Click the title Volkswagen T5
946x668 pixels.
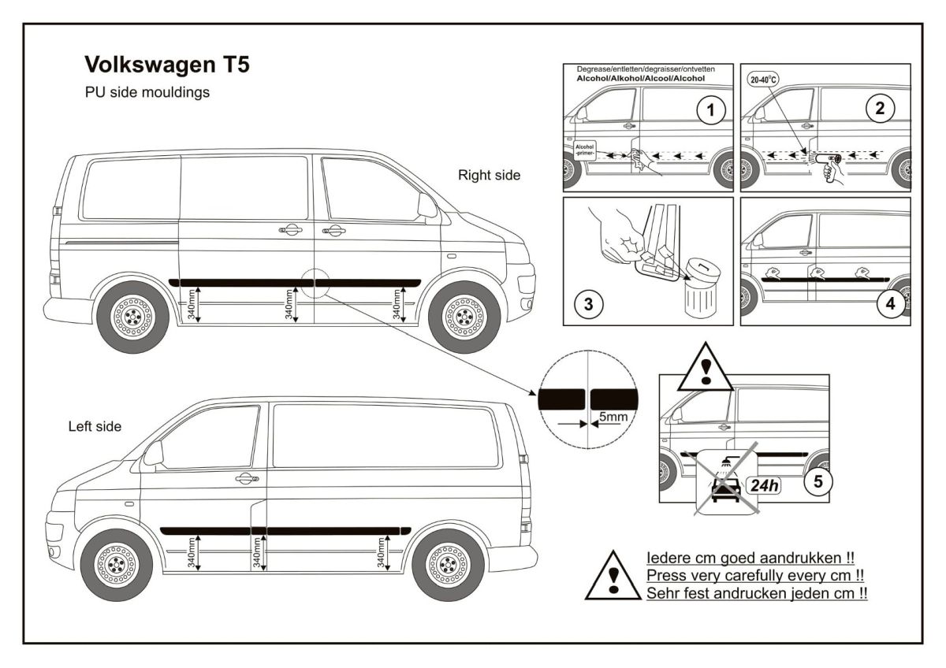pos(166,65)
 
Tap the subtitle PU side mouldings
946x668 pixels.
pos(147,92)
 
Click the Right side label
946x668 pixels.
pos(489,176)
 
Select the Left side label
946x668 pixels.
pos(95,426)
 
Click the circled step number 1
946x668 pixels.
pos(710,111)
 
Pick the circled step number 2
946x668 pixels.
pos(880,109)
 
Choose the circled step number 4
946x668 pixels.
pos(892,305)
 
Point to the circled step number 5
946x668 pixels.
pos(818,482)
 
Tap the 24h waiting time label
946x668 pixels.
pos(764,484)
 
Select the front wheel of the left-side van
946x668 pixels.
pos(116,564)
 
